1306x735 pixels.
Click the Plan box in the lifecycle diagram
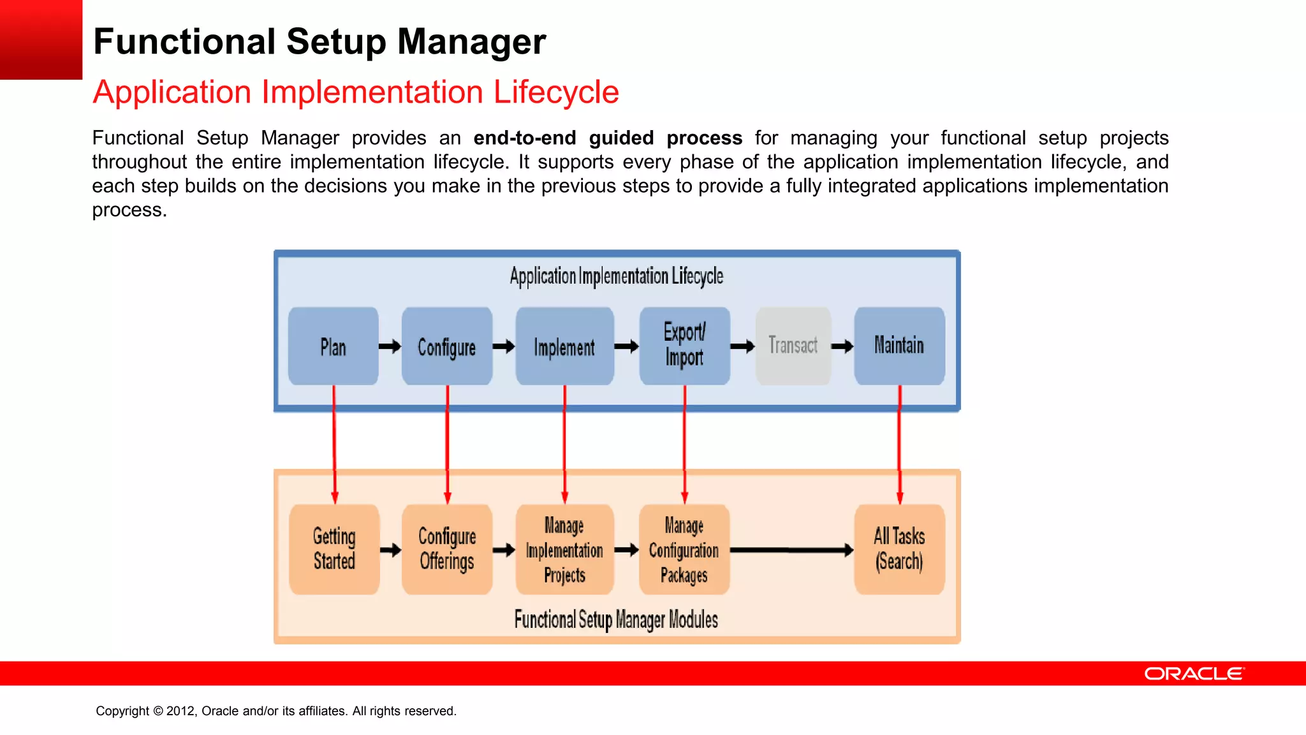click(x=333, y=346)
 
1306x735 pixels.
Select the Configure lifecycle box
click(x=446, y=346)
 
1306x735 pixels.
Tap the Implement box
click(x=564, y=346)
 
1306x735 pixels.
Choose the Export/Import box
click(x=684, y=345)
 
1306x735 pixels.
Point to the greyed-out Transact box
click(x=793, y=345)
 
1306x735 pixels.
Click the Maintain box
click(x=899, y=345)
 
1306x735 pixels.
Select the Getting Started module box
click(x=334, y=549)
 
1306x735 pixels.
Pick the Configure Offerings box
click(x=447, y=549)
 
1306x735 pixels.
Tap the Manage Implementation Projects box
click(x=564, y=549)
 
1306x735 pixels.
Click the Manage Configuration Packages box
click(x=684, y=549)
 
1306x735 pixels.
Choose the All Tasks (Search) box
click(x=899, y=549)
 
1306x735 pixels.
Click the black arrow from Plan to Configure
click(x=390, y=346)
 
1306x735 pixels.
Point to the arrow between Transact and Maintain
click(x=842, y=346)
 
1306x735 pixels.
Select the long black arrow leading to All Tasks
click(x=791, y=550)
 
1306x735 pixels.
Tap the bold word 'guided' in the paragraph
click(x=621, y=138)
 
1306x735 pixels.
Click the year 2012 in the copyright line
click(x=180, y=711)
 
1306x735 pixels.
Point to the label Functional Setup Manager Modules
click(x=616, y=620)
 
